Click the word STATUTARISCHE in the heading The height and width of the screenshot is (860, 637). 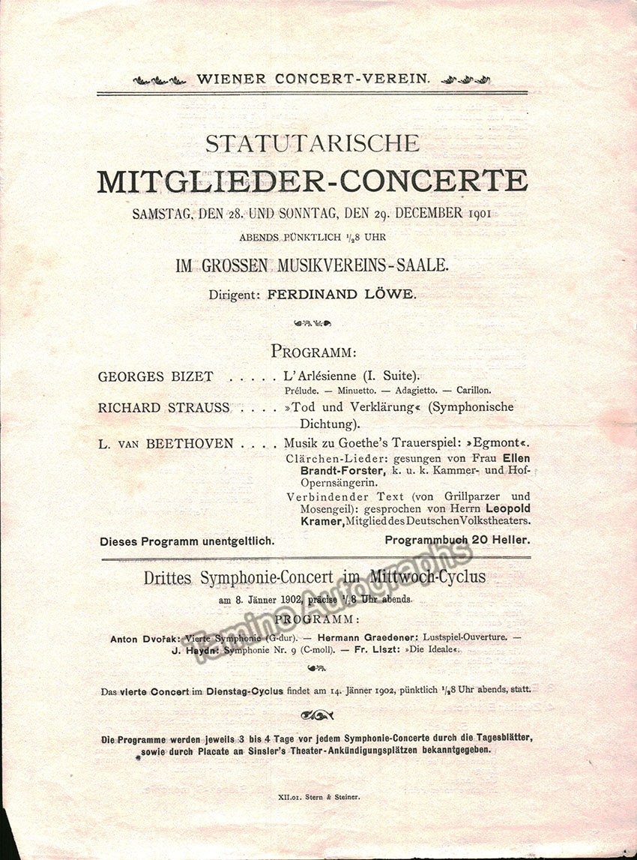[x=313, y=142]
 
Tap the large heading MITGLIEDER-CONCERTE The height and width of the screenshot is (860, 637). [x=313, y=181]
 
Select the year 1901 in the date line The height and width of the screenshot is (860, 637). [x=477, y=213]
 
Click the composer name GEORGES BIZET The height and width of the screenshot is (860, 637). [x=155, y=376]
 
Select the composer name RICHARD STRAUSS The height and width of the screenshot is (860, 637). [x=163, y=408]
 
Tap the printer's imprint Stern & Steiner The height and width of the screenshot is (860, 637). [x=330, y=797]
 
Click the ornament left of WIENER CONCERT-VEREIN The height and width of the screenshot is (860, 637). [x=160, y=79]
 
